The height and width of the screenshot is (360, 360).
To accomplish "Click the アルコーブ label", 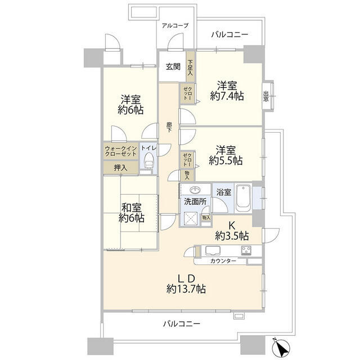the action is [175, 25].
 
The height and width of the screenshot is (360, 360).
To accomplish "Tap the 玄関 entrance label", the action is [173, 66].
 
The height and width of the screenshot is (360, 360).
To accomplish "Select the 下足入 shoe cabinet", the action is [190, 67].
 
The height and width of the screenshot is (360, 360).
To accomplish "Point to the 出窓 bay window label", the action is [266, 97].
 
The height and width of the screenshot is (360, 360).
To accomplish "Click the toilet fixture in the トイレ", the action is [148, 160].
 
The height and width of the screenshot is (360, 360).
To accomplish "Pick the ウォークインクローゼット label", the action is [121, 151].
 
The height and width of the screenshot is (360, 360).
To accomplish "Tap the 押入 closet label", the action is [120, 168].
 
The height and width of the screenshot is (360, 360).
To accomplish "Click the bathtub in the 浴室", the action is [243, 198].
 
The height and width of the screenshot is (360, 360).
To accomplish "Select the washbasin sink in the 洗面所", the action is [195, 190].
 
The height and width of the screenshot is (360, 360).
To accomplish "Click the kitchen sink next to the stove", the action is [213, 250].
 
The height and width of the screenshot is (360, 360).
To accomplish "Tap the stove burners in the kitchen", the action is [246, 250].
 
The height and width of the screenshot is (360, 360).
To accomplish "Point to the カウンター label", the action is [223, 261].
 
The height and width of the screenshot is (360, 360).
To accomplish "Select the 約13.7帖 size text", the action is [186, 289].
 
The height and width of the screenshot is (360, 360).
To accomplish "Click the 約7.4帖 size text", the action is [227, 96].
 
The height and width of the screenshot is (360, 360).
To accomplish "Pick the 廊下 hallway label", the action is [169, 128].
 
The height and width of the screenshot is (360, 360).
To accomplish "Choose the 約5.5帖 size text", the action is [226, 160].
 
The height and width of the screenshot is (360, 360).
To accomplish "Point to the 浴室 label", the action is [224, 192].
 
